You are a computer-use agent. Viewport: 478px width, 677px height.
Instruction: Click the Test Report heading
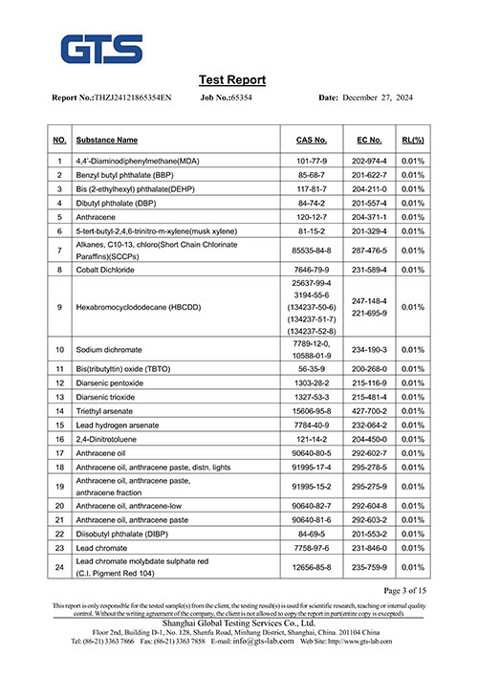click(x=232, y=79)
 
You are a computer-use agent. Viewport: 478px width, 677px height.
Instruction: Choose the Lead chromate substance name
click(x=102, y=548)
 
